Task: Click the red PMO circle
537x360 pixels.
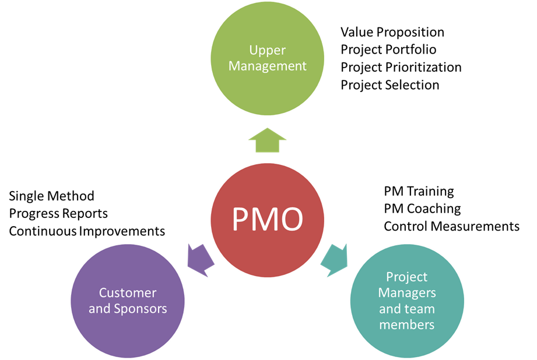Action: coord(268,219)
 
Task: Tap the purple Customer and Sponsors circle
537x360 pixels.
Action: coord(128,301)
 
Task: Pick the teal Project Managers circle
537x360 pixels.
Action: coord(407,301)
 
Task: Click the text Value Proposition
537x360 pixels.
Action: coord(392,32)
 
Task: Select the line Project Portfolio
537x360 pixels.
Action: coord(388,50)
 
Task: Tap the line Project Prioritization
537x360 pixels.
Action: coord(401,67)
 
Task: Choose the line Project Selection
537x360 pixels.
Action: coord(389,85)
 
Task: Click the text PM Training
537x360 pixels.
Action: coord(419,191)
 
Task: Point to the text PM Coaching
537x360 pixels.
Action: coord(422,209)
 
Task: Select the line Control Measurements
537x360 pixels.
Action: coord(451,226)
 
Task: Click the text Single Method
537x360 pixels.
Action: coord(51,196)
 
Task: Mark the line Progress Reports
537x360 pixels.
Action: coord(58,213)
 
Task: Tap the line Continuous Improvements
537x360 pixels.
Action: coord(87,231)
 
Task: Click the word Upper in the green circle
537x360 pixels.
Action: coord(267,50)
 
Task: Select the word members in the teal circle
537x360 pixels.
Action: coord(407,324)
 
